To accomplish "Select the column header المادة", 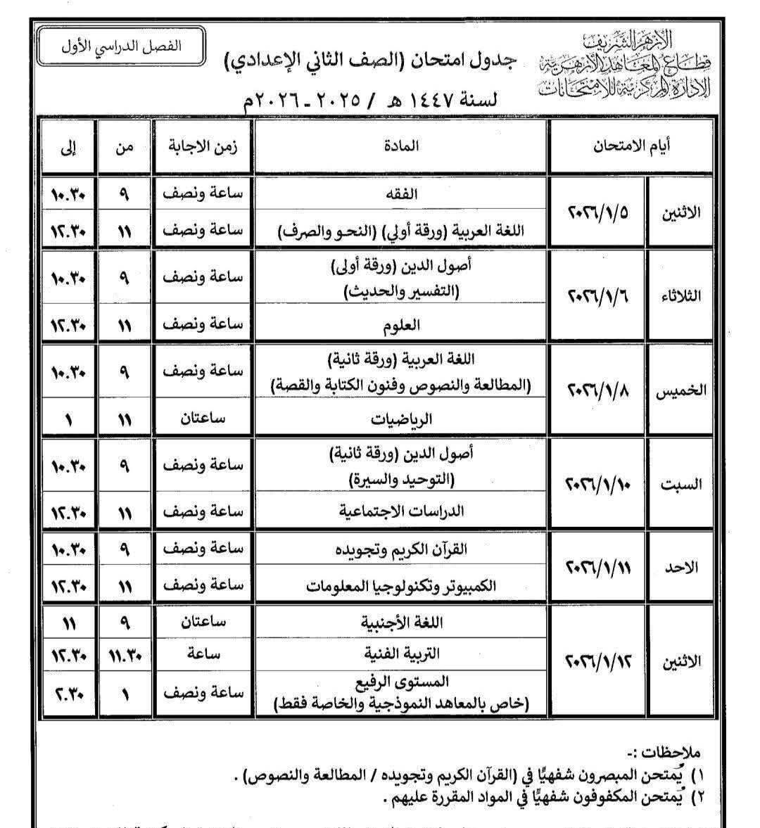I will (x=402, y=146).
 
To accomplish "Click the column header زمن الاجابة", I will (x=203, y=146).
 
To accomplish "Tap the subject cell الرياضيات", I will (x=402, y=419).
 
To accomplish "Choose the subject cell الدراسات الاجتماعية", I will (x=402, y=511).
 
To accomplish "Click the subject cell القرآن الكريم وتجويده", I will (x=402, y=549).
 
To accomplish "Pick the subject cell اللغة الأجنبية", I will (x=402, y=623).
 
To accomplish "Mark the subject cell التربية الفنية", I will (x=402, y=654).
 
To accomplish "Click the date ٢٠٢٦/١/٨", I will (x=597, y=390).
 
